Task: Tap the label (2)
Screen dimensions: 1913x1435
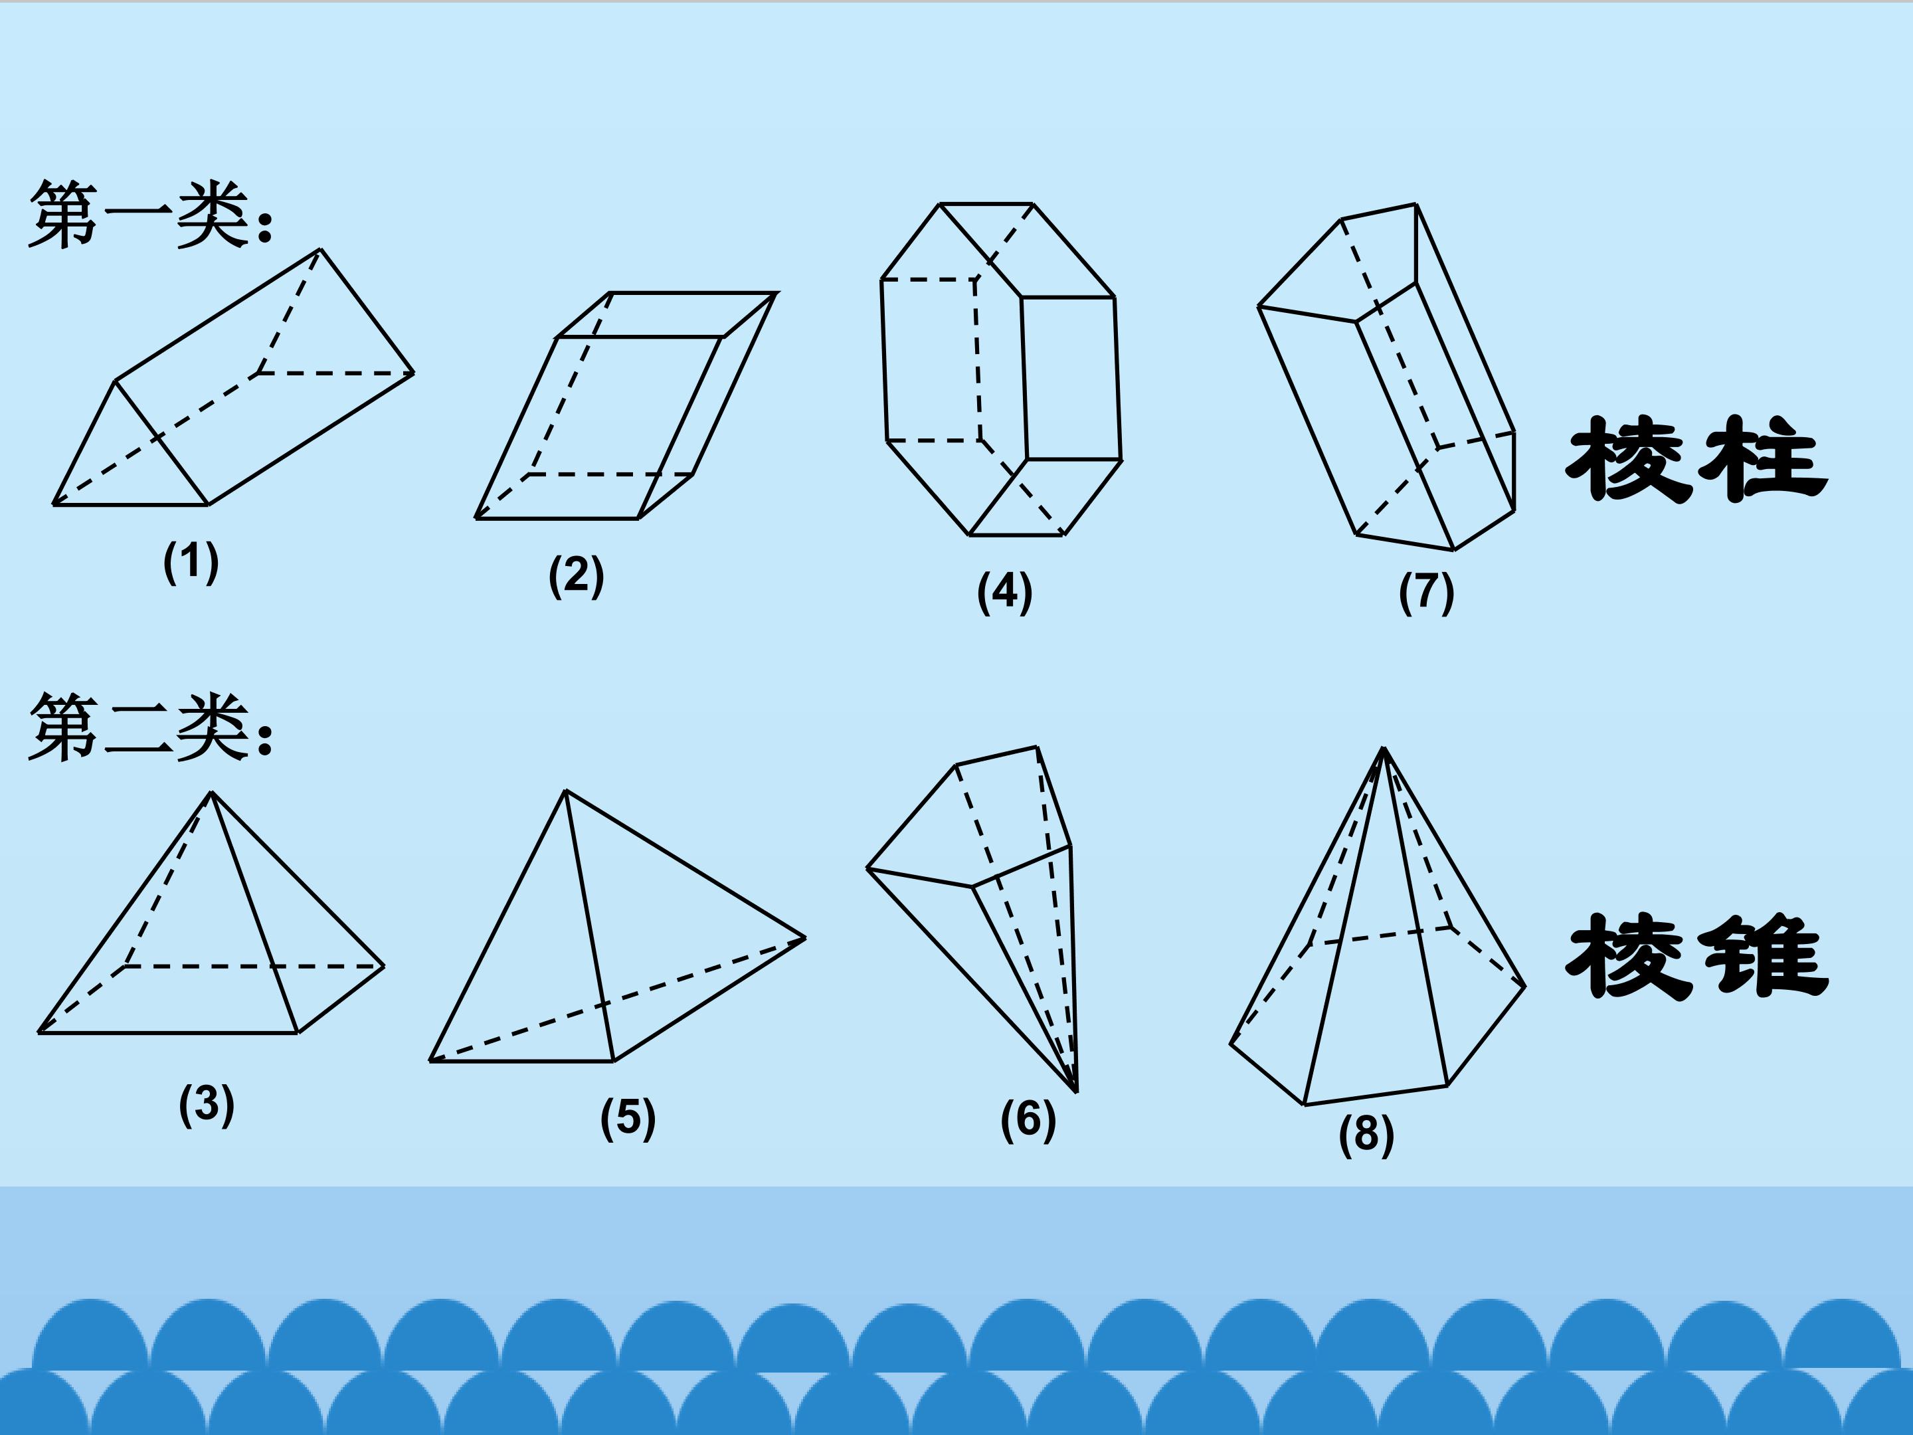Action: click(576, 576)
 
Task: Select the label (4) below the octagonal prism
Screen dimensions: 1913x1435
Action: click(1004, 593)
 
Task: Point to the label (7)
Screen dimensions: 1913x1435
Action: click(1426, 593)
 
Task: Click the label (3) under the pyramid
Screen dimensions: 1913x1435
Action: click(207, 1105)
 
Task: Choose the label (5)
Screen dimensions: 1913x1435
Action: click(628, 1117)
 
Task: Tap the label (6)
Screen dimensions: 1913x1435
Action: click(1028, 1119)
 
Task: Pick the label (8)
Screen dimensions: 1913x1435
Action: click(1366, 1134)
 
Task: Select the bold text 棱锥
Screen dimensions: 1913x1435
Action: click(1697, 957)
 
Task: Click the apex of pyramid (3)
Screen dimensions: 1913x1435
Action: click(211, 793)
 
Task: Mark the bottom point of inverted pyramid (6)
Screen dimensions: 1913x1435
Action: click(1077, 1092)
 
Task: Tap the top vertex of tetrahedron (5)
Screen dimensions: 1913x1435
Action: click(566, 790)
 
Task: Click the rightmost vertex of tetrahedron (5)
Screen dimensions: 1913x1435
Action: click(805, 937)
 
